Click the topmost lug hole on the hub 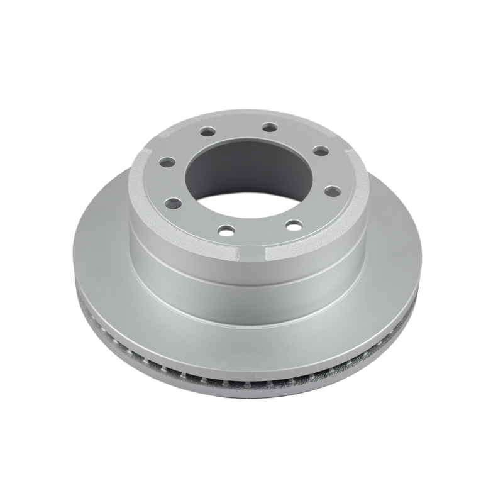[269, 127]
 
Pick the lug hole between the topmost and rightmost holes [319, 150]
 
